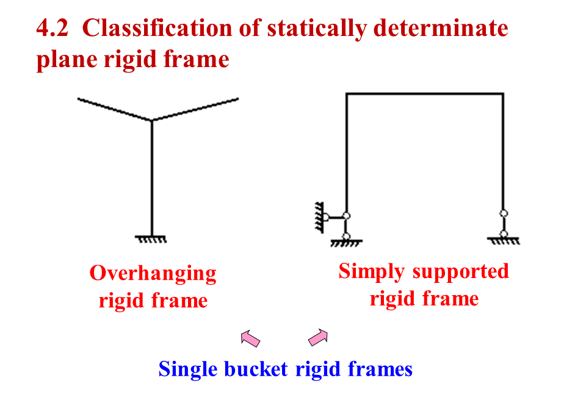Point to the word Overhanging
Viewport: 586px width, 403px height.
pos(153,273)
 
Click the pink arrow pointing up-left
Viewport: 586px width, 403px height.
pos(250,337)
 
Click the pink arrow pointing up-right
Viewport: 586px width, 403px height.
pos(318,337)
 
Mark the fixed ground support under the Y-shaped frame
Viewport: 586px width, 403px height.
pos(151,238)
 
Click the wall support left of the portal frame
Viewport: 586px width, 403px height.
pos(319,216)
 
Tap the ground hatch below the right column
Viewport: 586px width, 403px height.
pos(504,241)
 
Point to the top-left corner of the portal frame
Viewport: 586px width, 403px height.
pos(347,94)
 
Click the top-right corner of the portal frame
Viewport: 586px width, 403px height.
pos(503,94)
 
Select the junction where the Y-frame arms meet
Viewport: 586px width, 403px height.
pos(151,119)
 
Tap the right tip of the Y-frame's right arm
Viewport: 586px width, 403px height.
pos(237,98)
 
